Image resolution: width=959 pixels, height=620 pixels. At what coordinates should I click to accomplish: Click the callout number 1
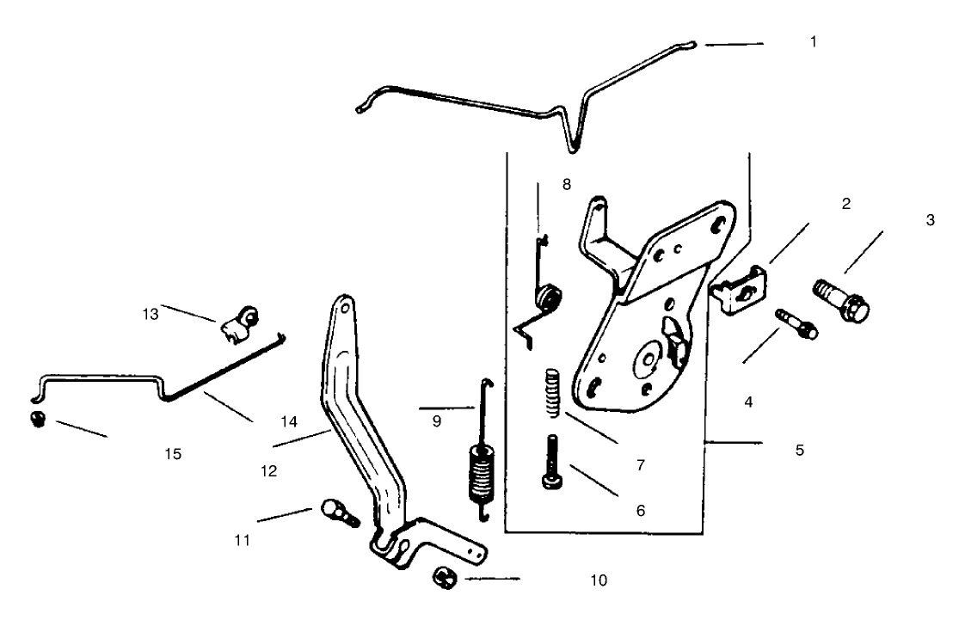click(x=814, y=41)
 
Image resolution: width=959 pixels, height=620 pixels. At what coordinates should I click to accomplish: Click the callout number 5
click(x=800, y=450)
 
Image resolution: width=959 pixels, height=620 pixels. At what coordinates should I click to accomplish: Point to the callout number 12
click(x=267, y=472)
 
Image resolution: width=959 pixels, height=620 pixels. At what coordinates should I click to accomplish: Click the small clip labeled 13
click(x=239, y=323)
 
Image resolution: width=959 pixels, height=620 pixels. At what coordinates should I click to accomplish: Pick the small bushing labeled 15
click(x=37, y=419)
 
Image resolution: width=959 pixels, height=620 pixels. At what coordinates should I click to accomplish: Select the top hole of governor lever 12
click(x=344, y=305)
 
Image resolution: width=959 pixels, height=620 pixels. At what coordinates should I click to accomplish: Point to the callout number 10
click(x=599, y=580)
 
